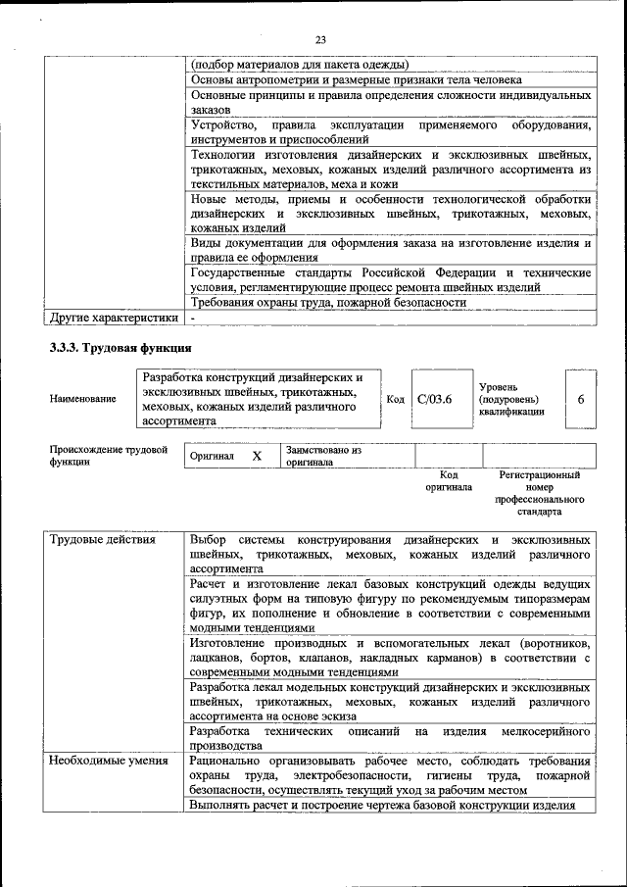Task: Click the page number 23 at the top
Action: pyautogui.click(x=319, y=39)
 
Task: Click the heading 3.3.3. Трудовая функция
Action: pyautogui.click(x=121, y=347)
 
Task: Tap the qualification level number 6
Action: pyautogui.click(x=581, y=399)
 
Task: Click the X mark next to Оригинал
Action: pyautogui.click(x=257, y=457)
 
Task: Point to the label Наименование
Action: pyautogui.click(x=82, y=399)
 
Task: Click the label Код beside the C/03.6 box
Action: pyautogui.click(x=395, y=399)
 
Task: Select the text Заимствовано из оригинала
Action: pyautogui.click(x=324, y=456)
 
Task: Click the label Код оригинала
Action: pyautogui.click(x=449, y=480)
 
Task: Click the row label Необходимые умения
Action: pyautogui.click(x=103, y=761)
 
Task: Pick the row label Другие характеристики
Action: pyautogui.click(x=114, y=318)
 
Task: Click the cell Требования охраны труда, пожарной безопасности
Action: pyautogui.click(x=328, y=303)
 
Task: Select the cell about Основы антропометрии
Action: pyautogui.click(x=356, y=79)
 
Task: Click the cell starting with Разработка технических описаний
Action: pyautogui.click(x=390, y=738)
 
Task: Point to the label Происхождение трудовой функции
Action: pyautogui.click(x=108, y=456)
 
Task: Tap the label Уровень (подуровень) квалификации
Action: pyautogui.click(x=511, y=400)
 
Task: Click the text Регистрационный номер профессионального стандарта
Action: pyautogui.click(x=539, y=493)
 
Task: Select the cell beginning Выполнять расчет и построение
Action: pyautogui.click(x=382, y=805)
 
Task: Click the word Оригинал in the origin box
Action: pyautogui.click(x=213, y=457)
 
